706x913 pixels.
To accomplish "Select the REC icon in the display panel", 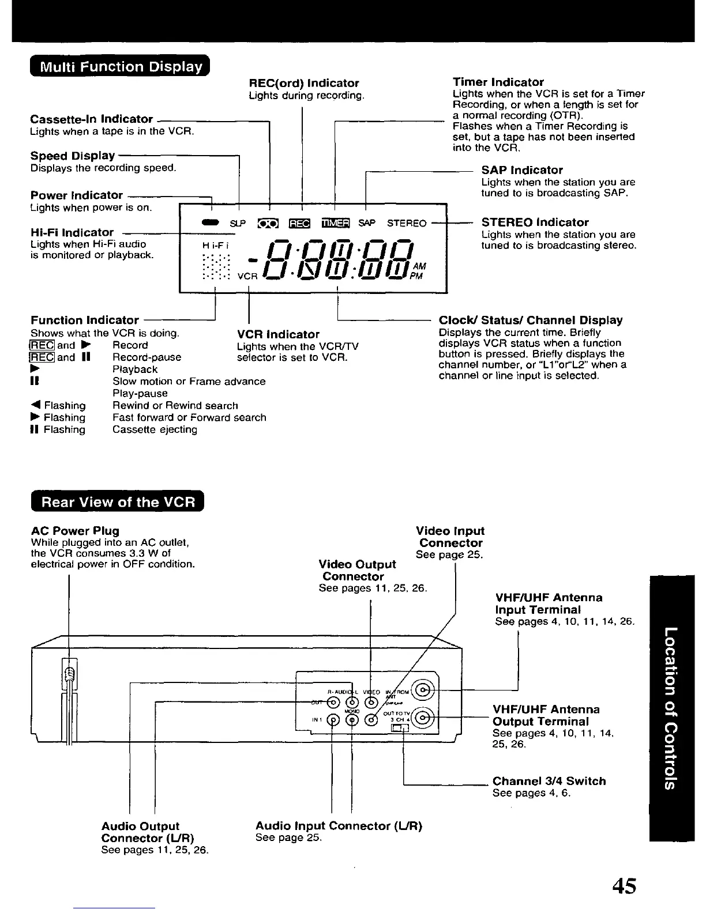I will click(299, 223).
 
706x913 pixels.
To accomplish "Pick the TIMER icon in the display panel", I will click(336, 223).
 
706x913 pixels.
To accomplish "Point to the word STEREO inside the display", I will click(407, 223).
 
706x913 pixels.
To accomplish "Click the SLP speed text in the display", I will click(238, 223).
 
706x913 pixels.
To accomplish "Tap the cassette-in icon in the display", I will click(268, 223).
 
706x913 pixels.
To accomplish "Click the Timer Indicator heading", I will click(498, 82).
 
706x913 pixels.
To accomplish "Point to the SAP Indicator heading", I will click(522, 170).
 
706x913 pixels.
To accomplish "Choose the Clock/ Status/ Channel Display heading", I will click(531, 320).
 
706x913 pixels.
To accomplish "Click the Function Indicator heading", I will click(85, 320).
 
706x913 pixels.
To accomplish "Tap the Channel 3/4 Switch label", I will click(549, 781).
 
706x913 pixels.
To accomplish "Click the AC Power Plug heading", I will click(75, 530).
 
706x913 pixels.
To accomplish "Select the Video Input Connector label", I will click(450, 537).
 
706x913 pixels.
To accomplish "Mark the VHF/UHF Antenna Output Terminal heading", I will click(546, 715).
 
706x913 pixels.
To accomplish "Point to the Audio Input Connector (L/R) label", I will click(339, 826).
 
